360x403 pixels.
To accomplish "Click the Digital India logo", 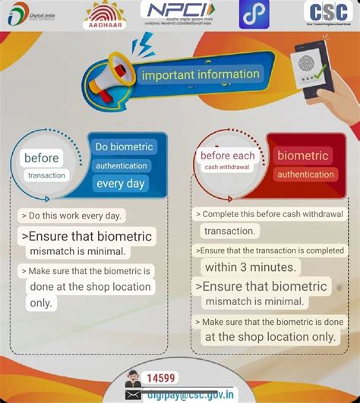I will (x=34, y=14).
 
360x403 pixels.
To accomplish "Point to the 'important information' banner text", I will (x=201, y=74).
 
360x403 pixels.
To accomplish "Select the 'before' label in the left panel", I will (x=41, y=158).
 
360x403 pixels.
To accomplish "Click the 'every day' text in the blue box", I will (x=120, y=183).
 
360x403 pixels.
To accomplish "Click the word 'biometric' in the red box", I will (x=302, y=156).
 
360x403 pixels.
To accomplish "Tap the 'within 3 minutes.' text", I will (x=250, y=266).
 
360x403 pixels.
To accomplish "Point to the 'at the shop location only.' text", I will (x=270, y=336).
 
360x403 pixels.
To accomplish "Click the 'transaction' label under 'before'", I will (x=46, y=175).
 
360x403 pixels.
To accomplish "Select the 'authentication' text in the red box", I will (x=305, y=175).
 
